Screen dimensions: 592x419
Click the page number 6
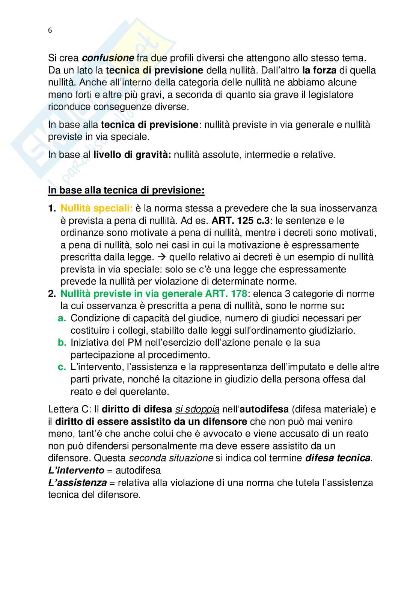pyautogui.click(x=50, y=31)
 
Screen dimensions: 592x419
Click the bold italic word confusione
pyautogui.click(x=108, y=58)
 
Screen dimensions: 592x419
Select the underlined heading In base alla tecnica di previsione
pyautogui.click(x=126, y=190)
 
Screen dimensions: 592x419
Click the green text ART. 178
pyautogui.click(x=220, y=294)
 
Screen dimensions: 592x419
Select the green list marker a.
pyautogui.click(x=62, y=318)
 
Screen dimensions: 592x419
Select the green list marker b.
pyautogui.click(x=62, y=342)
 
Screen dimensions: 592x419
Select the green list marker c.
pyautogui.click(x=62, y=367)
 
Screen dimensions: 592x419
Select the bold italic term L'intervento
pyautogui.click(x=76, y=470)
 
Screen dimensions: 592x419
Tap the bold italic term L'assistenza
pyautogui.click(x=77, y=483)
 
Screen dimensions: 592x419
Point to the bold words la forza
pyautogui.click(x=319, y=70)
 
